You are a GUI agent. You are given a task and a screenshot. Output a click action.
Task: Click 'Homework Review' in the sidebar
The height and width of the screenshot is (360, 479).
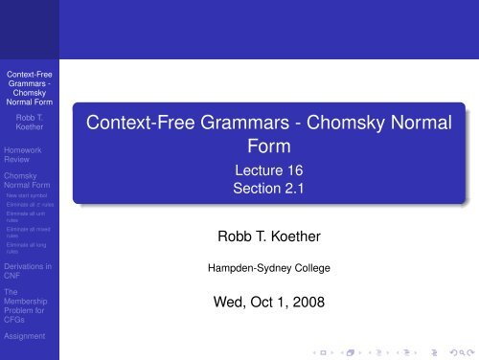point(23,154)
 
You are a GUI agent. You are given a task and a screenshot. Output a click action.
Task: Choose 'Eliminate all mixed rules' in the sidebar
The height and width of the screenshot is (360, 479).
point(28,233)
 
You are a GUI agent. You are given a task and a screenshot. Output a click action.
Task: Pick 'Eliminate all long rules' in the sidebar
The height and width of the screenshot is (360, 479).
point(28,249)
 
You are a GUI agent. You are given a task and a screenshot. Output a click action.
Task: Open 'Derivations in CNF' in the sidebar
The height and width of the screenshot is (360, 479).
point(27,270)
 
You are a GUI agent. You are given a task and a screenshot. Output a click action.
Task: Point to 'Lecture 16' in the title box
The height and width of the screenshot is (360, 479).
point(262,171)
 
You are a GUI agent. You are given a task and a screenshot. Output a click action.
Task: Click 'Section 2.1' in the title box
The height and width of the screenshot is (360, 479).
point(262,190)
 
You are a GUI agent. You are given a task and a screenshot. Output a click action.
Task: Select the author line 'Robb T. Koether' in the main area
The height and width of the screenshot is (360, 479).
point(262,234)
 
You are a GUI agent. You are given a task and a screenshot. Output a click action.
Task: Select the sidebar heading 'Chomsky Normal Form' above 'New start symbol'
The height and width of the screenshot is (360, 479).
point(28,180)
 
